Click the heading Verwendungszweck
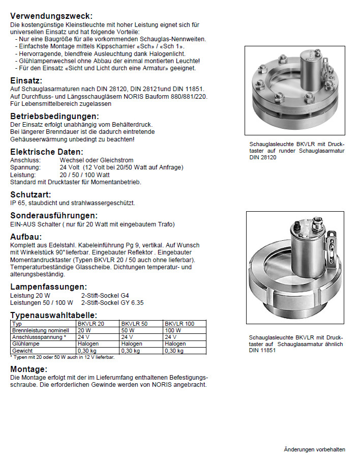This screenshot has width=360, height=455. pos(51,16)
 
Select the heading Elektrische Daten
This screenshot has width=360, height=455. pos(47,152)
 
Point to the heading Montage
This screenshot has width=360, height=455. pos(28,369)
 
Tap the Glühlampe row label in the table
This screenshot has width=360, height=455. pos(24,344)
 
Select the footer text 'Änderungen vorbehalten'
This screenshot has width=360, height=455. pos(314,449)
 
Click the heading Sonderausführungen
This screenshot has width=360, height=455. pos(54,215)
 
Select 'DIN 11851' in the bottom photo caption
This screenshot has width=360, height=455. pos(262,351)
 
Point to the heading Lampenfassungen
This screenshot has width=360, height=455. pos(49,287)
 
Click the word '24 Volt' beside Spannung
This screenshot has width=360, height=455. pos(71,167)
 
